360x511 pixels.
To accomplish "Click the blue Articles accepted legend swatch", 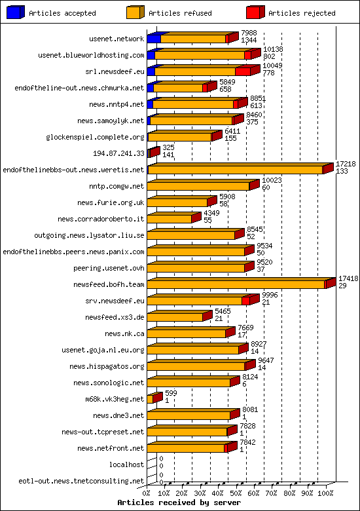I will click(x=16, y=12).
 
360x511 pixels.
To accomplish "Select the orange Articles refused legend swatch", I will click(x=135, y=12).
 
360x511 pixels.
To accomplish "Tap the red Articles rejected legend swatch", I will click(x=255, y=12).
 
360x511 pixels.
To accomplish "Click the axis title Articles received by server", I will click(x=179, y=502).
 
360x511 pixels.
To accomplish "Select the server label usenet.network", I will click(x=117, y=39).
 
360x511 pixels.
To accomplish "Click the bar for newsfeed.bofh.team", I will click(x=236, y=284).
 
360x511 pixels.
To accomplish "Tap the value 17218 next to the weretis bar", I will click(x=345, y=163).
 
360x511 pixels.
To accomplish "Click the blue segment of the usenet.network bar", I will click(x=153, y=39).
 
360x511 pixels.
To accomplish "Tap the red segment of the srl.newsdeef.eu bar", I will click(x=242, y=71).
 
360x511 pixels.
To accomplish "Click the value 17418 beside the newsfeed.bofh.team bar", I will click(x=348, y=278).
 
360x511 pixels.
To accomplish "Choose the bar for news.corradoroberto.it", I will click(x=170, y=219).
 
